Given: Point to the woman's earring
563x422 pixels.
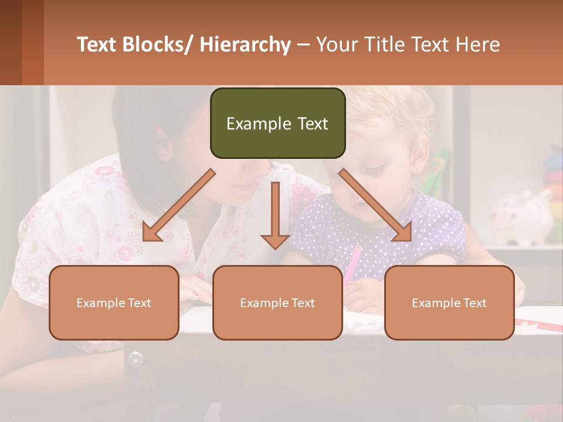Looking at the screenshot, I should coord(164,157).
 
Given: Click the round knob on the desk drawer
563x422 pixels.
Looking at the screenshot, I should coord(135,358).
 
